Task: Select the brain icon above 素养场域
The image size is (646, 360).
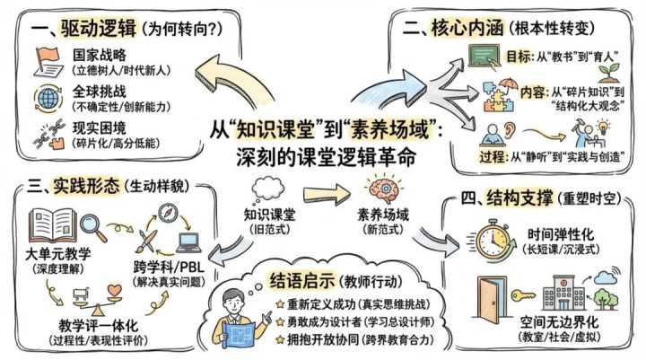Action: [376, 190]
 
